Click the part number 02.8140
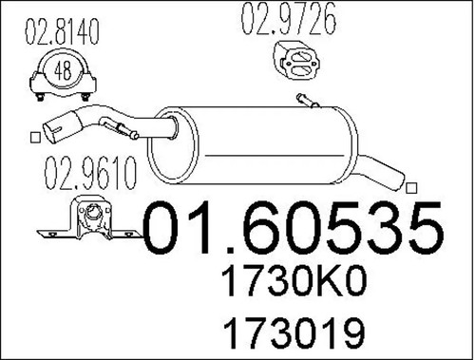(62, 31)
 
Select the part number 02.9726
(289, 19)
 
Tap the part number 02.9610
(90, 173)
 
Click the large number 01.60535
(294, 228)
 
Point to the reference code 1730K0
(294, 282)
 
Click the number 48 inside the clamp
(63, 70)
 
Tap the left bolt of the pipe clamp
(40, 97)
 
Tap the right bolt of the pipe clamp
(85, 97)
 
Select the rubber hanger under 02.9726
(296, 60)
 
